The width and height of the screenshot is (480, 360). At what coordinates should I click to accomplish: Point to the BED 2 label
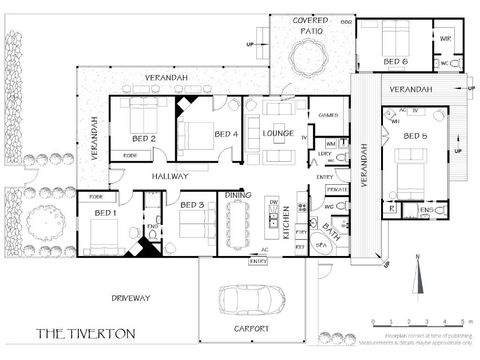[x=143, y=138]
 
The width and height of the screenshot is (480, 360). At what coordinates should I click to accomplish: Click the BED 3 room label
[x=193, y=205]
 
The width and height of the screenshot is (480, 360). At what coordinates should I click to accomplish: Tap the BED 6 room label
[x=395, y=61]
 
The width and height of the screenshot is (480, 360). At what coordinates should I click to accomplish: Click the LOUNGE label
[x=277, y=132]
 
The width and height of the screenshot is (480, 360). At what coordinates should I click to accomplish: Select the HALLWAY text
[x=171, y=176]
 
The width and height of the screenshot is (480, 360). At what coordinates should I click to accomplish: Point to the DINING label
[x=237, y=195]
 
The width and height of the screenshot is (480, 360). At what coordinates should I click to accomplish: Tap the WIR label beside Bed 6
[x=445, y=40]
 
